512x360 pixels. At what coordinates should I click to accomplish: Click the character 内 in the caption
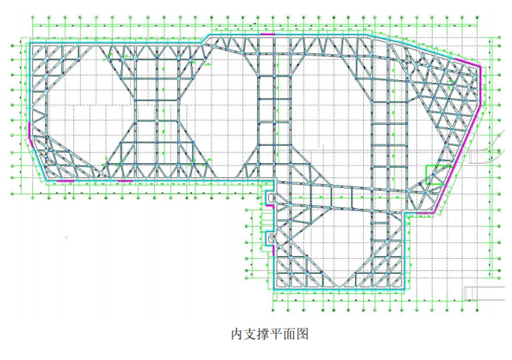coord(236,334)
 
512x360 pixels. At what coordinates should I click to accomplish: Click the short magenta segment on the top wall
coord(267,34)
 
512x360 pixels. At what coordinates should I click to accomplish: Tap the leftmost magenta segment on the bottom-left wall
coord(65,181)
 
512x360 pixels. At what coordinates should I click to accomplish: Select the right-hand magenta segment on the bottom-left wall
coord(125,181)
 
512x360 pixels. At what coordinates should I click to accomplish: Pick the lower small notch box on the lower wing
coord(271,237)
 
